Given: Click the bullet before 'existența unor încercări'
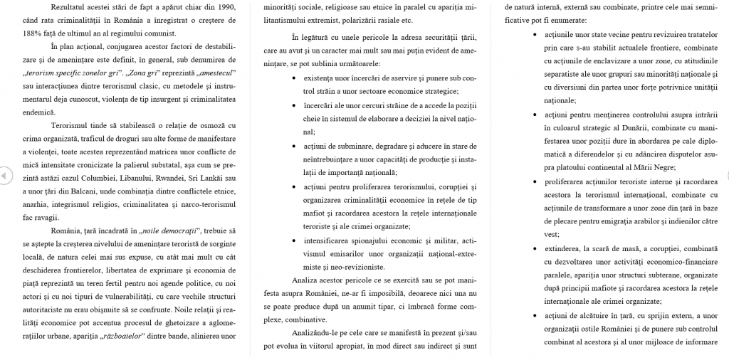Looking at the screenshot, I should point(295,78).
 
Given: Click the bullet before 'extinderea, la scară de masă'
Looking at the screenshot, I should point(536,249).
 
